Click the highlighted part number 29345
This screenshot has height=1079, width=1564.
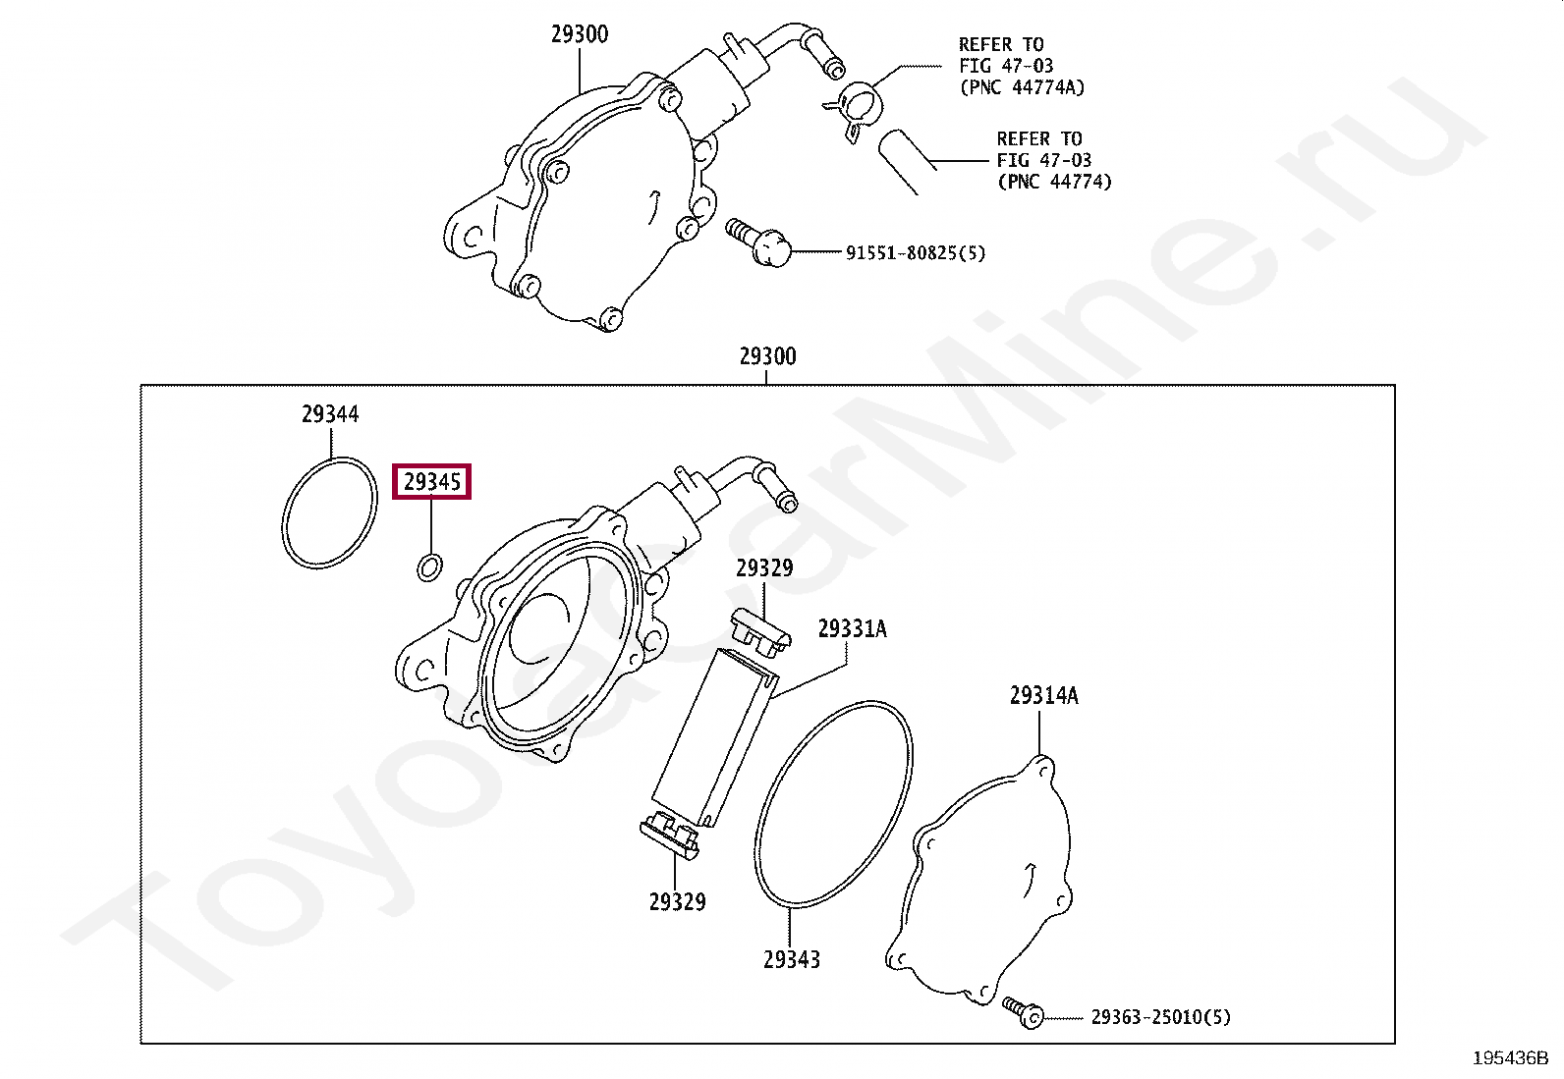tap(432, 482)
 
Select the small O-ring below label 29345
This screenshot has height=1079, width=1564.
tap(430, 566)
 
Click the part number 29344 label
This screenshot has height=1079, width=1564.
tap(330, 414)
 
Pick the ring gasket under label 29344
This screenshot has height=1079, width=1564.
tap(329, 513)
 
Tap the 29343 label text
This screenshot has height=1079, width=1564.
tap(792, 959)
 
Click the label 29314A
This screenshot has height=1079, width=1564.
tap(1043, 696)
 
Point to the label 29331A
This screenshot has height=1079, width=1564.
tap(852, 628)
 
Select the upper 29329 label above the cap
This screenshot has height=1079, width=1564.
tap(764, 568)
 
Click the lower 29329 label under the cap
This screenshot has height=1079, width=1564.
tap(677, 901)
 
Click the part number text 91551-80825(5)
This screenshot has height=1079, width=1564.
tap(915, 253)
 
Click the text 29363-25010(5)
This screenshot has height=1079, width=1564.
tap(1160, 1017)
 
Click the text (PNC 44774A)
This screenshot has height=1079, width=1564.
tap(1022, 87)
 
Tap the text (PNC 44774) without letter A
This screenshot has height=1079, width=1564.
tap(1054, 182)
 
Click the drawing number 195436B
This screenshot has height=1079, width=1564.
tap(1510, 1058)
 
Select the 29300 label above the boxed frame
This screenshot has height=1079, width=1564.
tap(767, 356)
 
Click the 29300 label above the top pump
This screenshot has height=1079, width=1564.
tap(579, 34)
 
